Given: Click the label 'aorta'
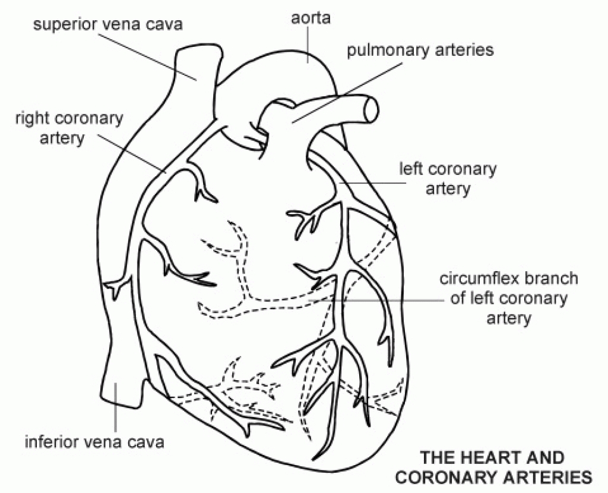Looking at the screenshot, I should [311, 18].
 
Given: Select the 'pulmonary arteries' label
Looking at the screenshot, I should [420, 50].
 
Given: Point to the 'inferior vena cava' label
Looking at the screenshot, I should [94, 441].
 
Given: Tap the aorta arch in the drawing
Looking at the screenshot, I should [267, 71].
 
